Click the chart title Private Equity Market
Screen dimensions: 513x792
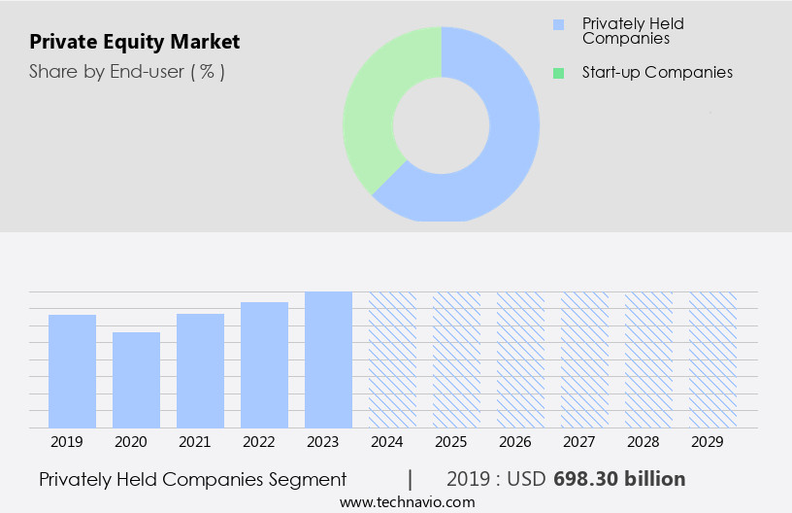click(134, 42)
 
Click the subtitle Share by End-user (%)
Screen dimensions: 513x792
click(126, 72)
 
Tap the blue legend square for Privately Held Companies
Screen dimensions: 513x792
click(557, 24)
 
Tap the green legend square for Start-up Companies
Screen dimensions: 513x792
click(557, 73)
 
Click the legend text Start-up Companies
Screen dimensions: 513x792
click(657, 73)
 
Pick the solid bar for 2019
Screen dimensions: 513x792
click(72, 371)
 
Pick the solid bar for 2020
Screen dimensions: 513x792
click(136, 380)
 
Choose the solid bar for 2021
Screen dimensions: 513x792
click(200, 370)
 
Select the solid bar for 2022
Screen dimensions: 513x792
click(264, 364)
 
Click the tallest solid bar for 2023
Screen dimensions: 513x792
click(328, 359)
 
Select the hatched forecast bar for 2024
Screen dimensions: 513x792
click(392, 359)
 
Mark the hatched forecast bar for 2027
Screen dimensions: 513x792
click(584, 359)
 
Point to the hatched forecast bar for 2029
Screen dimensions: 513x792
click(712, 359)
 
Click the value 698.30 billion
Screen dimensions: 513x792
click(619, 479)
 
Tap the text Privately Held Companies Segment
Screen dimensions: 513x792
click(192, 479)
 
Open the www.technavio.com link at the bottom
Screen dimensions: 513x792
click(407, 502)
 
